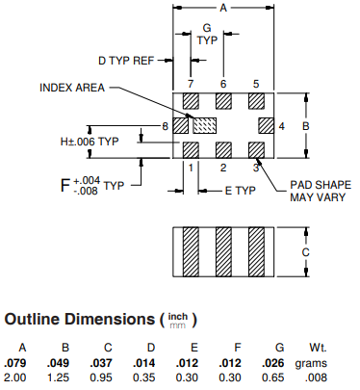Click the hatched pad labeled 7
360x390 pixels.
point(191,101)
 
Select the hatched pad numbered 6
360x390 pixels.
point(223,101)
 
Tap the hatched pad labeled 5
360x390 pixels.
point(256,101)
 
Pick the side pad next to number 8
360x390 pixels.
point(181,126)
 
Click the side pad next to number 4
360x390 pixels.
point(267,126)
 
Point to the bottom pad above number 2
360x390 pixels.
point(223,150)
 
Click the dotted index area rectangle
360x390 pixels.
point(204,126)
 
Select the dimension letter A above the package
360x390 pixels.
point(223,8)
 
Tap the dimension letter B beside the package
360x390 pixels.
point(305,126)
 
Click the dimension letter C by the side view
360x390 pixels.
point(305,252)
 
